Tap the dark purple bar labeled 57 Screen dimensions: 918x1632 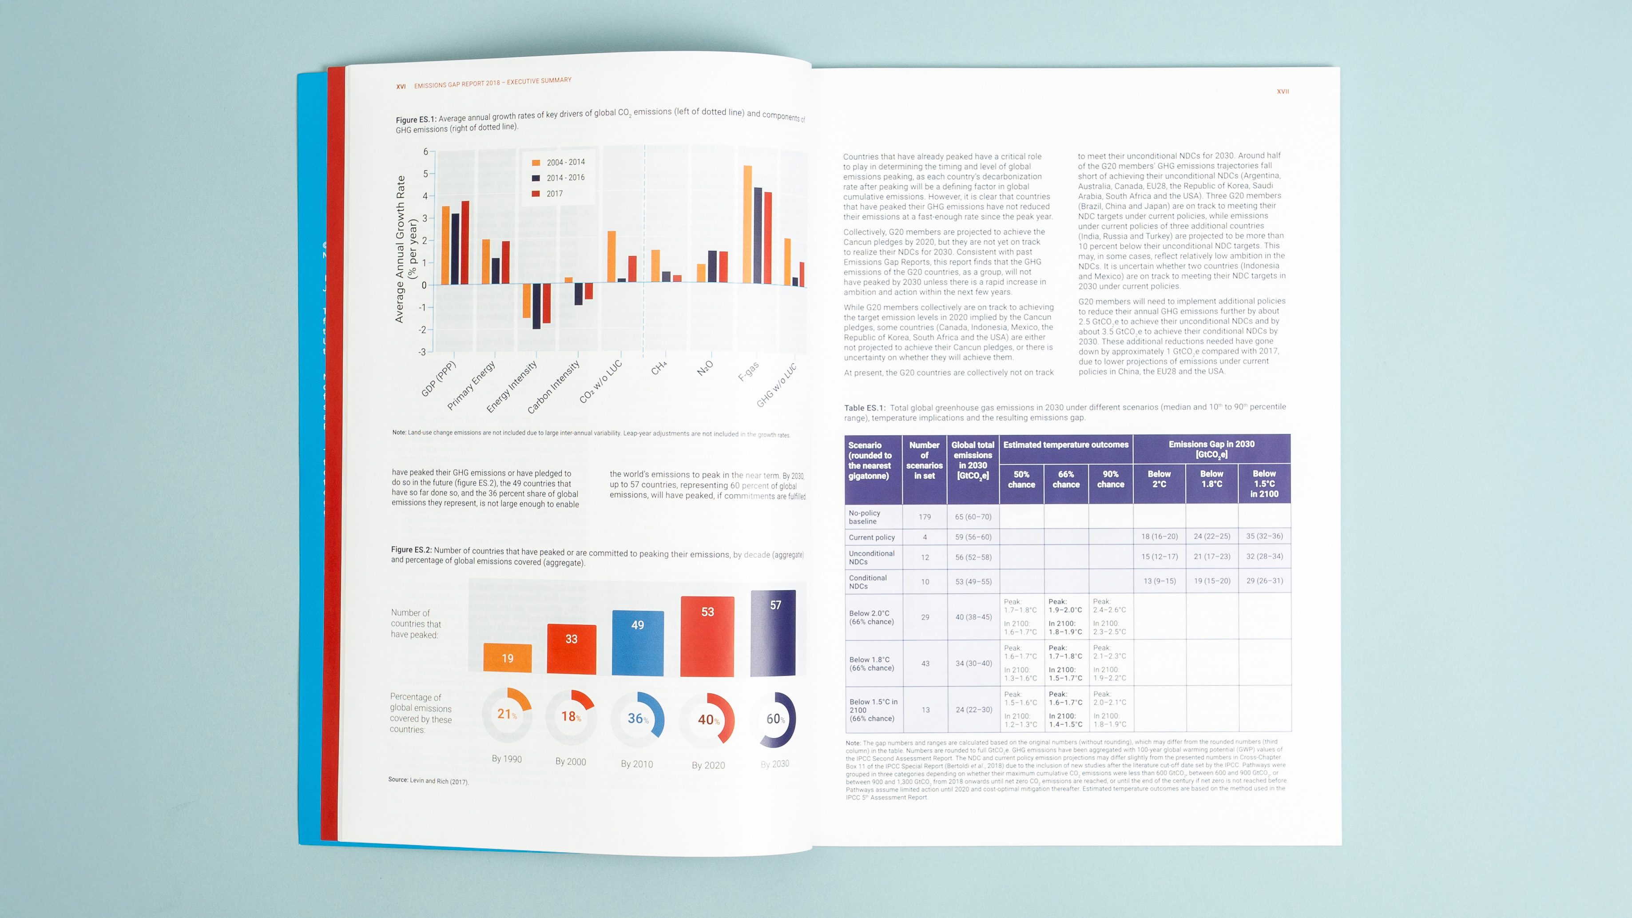(773, 634)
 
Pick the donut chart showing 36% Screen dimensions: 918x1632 (637, 719)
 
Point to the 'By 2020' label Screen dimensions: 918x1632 (708, 765)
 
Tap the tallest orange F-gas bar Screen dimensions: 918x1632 (747, 224)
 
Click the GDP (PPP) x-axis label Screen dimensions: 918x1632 (438, 378)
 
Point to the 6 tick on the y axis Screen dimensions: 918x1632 (426, 151)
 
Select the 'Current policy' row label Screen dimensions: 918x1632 (872, 537)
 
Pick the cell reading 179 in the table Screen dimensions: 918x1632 (924, 517)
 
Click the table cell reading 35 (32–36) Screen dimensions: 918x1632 (1264, 536)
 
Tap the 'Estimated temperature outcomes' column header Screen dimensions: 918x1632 (1066, 445)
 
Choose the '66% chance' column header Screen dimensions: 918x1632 (1066, 479)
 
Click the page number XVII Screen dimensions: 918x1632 (1283, 92)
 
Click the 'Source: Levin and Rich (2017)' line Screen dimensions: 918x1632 (428, 780)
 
